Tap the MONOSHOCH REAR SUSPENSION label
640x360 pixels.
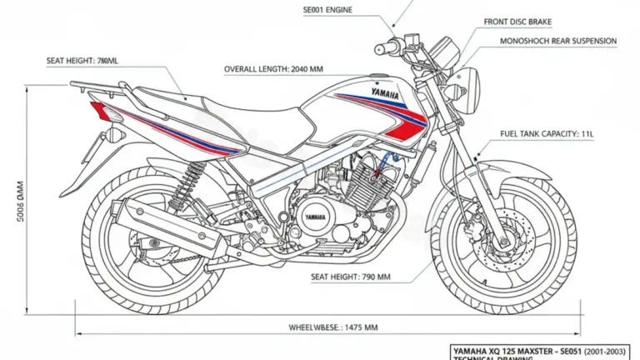point(557,40)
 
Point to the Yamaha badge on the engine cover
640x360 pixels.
point(315,217)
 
